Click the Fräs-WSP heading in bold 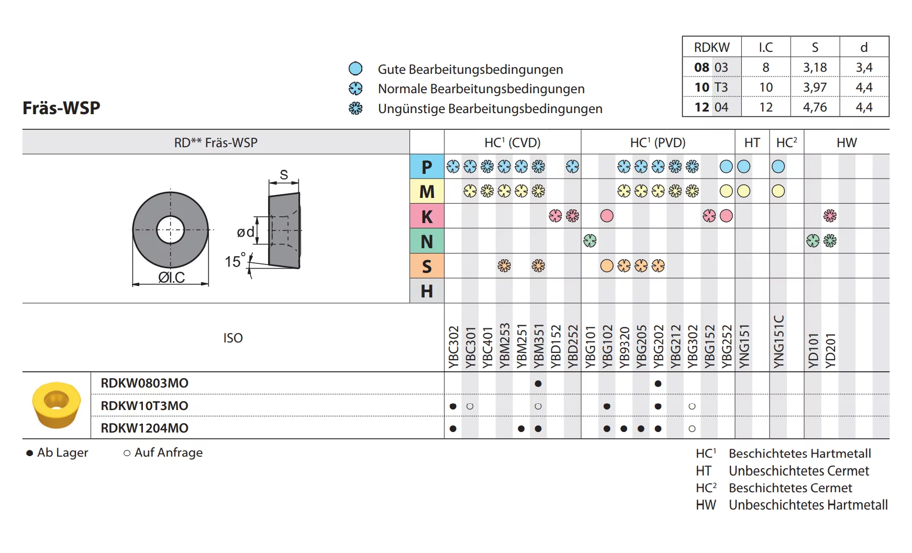click(x=61, y=108)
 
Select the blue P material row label click(x=427, y=167)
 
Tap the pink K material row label click(x=427, y=216)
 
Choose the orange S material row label click(x=427, y=266)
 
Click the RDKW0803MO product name click(x=144, y=383)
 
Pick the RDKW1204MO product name click(x=144, y=428)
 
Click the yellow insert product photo click(x=57, y=405)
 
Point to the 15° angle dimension click(x=234, y=261)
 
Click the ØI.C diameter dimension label click(x=172, y=278)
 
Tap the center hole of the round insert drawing click(x=171, y=230)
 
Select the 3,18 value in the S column click(x=815, y=68)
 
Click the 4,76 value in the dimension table click(x=815, y=107)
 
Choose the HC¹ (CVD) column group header click(x=512, y=142)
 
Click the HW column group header click(x=846, y=142)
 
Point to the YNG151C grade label click(x=779, y=341)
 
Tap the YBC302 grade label click(x=453, y=347)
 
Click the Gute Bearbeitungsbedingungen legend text click(x=470, y=69)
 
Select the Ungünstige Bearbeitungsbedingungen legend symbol click(x=355, y=108)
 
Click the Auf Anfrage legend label click(x=168, y=452)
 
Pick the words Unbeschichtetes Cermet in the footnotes click(x=798, y=471)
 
